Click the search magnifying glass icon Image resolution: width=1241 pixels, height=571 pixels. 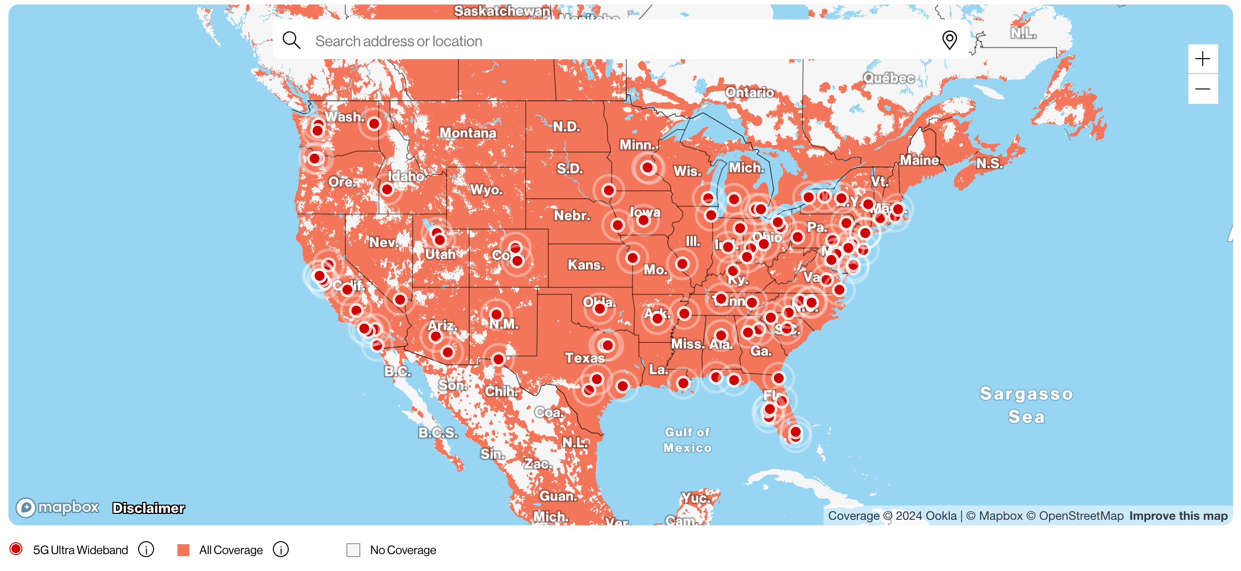click(291, 40)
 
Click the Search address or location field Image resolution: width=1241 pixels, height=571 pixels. click(596, 41)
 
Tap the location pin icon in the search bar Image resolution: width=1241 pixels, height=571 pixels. click(949, 40)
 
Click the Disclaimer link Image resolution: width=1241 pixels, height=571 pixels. click(148, 508)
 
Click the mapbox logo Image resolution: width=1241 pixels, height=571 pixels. click(58, 507)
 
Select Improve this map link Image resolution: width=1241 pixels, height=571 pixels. click(1178, 516)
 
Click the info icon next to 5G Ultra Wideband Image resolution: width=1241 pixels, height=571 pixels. click(146, 550)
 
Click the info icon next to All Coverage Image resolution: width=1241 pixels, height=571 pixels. click(281, 550)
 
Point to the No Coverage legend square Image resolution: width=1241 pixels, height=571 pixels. click(353, 550)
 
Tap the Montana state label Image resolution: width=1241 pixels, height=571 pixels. click(468, 133)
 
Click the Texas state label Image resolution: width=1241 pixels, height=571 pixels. click(584, 358)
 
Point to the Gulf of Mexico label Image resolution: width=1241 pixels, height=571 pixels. click(687, 440)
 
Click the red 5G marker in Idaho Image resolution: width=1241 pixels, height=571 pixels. click(387, 189)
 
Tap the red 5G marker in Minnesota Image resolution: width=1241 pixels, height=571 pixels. click(648, 168)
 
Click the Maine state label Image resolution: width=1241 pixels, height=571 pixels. click(919, 160)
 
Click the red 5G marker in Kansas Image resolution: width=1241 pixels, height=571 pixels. click(633, 258)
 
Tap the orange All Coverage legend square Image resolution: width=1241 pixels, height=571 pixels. click(183, 550)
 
